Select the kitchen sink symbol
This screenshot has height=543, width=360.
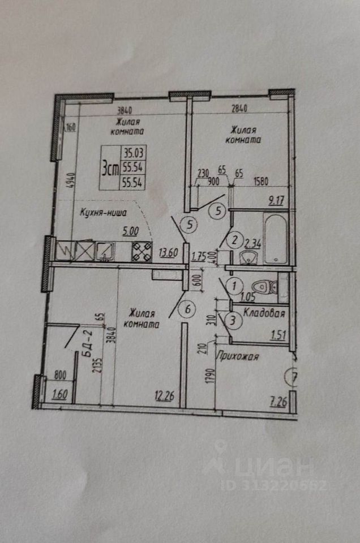pos(106,249)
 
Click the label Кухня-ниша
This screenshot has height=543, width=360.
pos(102,213)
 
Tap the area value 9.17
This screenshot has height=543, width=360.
pos(276,199)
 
